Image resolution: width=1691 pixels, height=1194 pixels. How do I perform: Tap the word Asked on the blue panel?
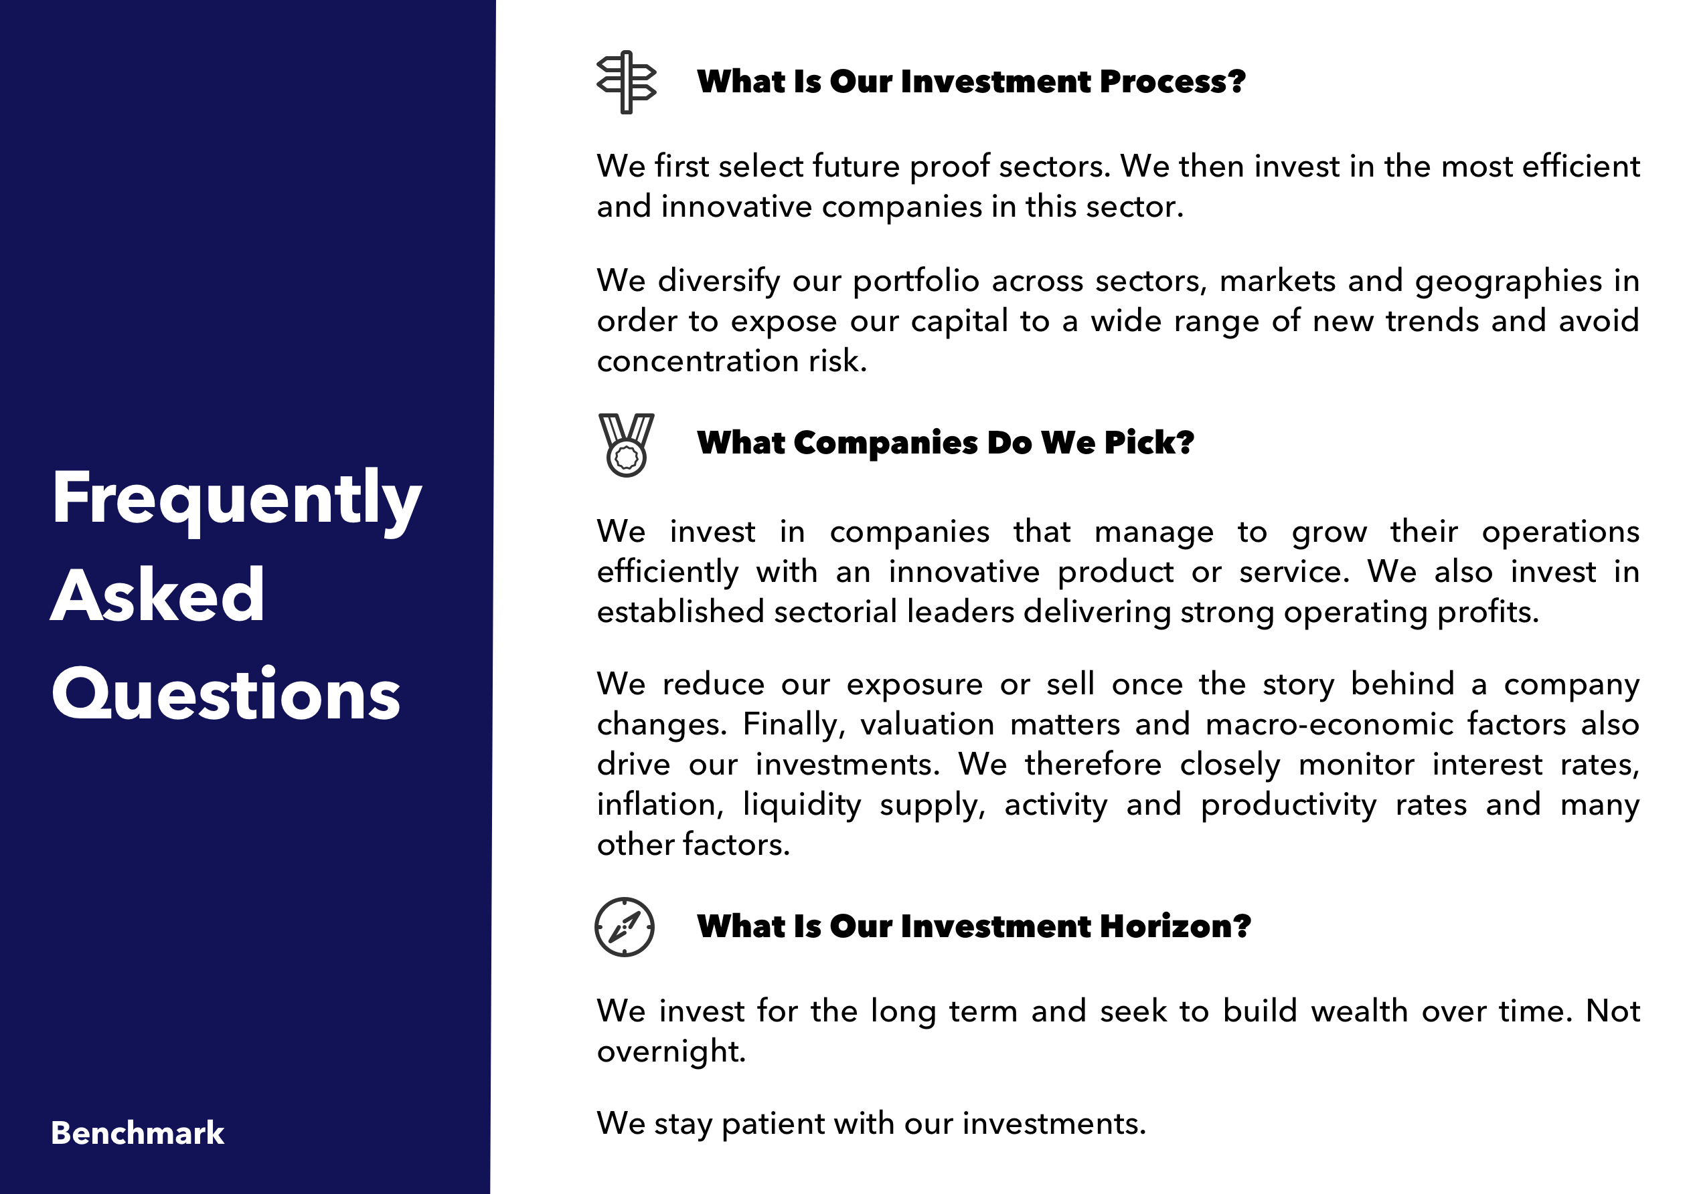(x=157, y=595)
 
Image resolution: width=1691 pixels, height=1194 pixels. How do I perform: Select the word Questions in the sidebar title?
(x=226, y=694)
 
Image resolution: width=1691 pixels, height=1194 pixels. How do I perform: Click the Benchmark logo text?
(x=137, y=1133)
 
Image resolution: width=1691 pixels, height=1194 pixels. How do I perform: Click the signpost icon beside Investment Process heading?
(x=626, y=82)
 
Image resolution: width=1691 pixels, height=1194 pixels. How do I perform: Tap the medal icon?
(x=626, y=445)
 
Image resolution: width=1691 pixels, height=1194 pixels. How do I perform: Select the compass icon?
(x=625, y=927)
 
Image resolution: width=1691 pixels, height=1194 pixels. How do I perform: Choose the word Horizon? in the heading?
(x=1176, y=926)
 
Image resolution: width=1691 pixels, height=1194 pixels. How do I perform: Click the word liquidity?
(x=802, y=805)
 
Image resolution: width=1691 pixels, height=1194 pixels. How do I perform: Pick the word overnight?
(x=671, y=1052)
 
